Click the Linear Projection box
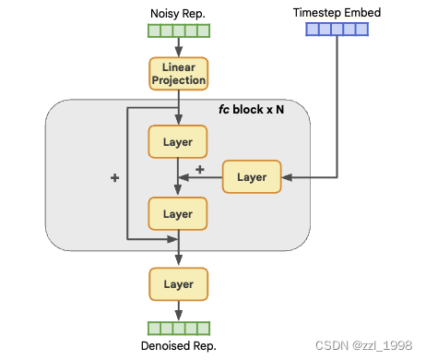[x=178, y=74]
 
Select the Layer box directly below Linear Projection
[x=178, y=142]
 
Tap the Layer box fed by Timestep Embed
[x=252, y=176]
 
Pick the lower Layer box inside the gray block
[x=178, y=213]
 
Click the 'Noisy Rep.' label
[x=178, y=14]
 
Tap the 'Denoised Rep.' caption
[x=178, y=346]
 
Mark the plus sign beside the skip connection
[x=114, y=177]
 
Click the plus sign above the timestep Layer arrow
[x=200, y=168]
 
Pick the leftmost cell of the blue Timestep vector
[x=312, y=30]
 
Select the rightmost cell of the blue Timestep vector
[x=362, y=30]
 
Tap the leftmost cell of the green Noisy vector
[x=153, y=30]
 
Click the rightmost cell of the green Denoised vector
[x=204, y=327]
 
